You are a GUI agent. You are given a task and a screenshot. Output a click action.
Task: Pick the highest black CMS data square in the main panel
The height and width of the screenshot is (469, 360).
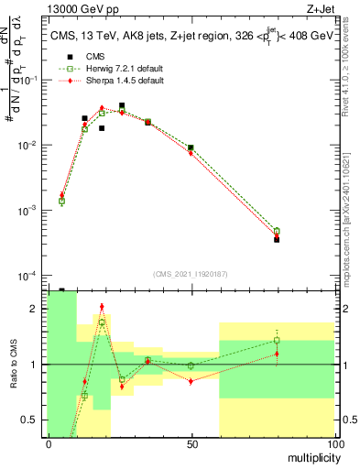(122, 106)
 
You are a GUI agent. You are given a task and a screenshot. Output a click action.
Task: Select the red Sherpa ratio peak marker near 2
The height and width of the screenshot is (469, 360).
(102, 307)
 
